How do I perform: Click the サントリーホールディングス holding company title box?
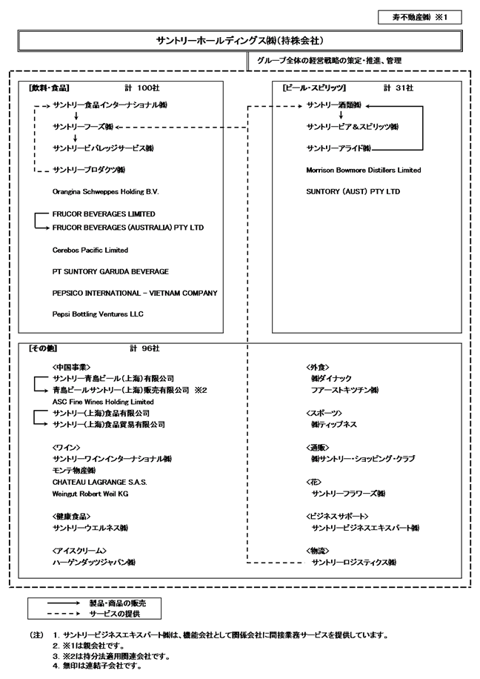pos(240,41)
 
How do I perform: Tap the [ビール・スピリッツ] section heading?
pos(304,87)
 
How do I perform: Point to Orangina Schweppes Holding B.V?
pos(106,191)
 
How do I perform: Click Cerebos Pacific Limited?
pos(90,251)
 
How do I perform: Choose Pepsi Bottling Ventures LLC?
pos(98,314)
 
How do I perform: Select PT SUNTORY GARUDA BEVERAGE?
pos(110,272)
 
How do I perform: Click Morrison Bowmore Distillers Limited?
pos(363,170)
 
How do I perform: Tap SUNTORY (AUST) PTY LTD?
pos(353,191)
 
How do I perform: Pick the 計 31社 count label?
pos(399,87)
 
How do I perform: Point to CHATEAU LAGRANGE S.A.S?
pos(100,482)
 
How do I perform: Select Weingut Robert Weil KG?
pos(91,493)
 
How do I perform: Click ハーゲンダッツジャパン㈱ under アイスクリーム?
pos(94,563)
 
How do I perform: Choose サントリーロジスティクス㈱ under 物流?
pos(355,563)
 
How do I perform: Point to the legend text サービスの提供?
pos(115,615)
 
